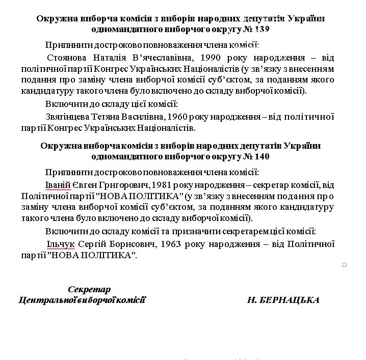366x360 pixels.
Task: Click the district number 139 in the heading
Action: point(262,30)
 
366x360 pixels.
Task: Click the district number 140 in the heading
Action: point(262,157)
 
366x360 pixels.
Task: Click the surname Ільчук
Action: point(60,244)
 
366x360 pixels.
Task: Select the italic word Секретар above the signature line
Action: point(89,290)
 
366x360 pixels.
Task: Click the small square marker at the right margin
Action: point(345,265)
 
